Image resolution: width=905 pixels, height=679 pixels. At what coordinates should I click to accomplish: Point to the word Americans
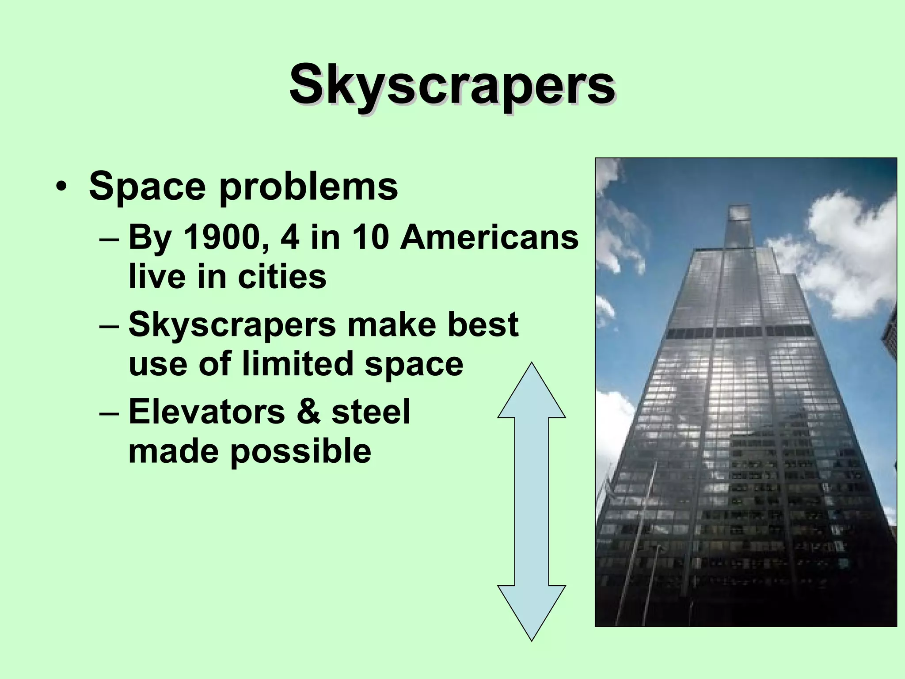pos(489,237)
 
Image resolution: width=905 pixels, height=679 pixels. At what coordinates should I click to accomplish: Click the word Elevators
pos(206,412)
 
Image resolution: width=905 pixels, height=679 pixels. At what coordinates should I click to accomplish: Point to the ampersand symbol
pos(308,412)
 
